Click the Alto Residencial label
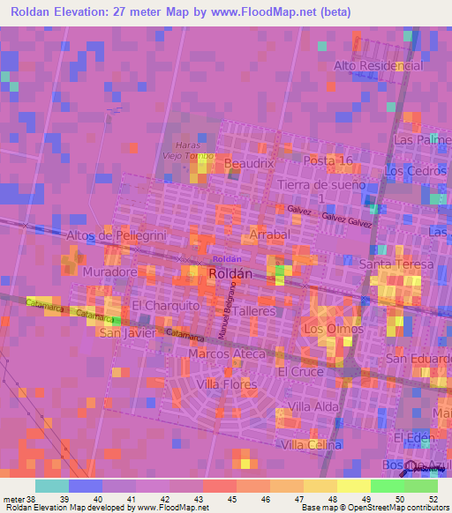click(378, 66)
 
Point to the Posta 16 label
click(328, 160)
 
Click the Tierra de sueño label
click(320, 185)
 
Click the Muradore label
click(109, 272)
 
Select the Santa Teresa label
click(396, 264)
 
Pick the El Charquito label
click(165, 305)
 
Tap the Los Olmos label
click(333, 329)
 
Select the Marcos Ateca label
click(226, 353)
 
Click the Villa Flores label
click(227, 384)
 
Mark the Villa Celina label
click(311, 445)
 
